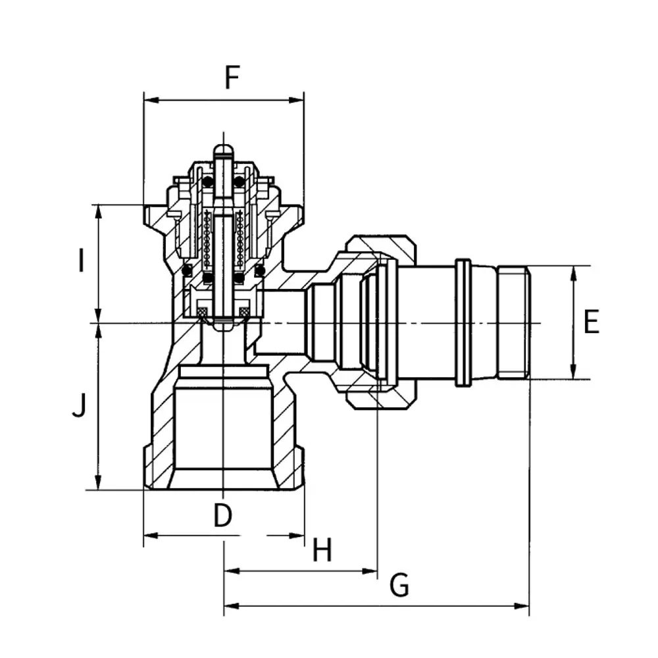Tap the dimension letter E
(x=592, y=322)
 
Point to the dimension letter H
(x=322, y=549)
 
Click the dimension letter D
(x=222, y=515)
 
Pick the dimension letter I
(x=81, y=260)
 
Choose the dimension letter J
(x=79, y=406)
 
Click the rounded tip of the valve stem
(x=223, y=150)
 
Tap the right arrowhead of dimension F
(x=296, y=100)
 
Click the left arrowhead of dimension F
(x=151, y=100)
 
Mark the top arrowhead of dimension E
(x=574, y=274)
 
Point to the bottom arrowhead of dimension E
(x=574, y=372)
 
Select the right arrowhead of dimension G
(x=522, y=606)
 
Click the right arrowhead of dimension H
(x=370, y=570)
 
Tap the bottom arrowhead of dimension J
(x=99, y=482)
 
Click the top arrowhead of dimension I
(x=99, y=213)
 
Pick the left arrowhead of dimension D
(x=151, y=536)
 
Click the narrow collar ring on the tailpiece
(x=463, y=322)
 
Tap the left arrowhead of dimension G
(x=232, y=606)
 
